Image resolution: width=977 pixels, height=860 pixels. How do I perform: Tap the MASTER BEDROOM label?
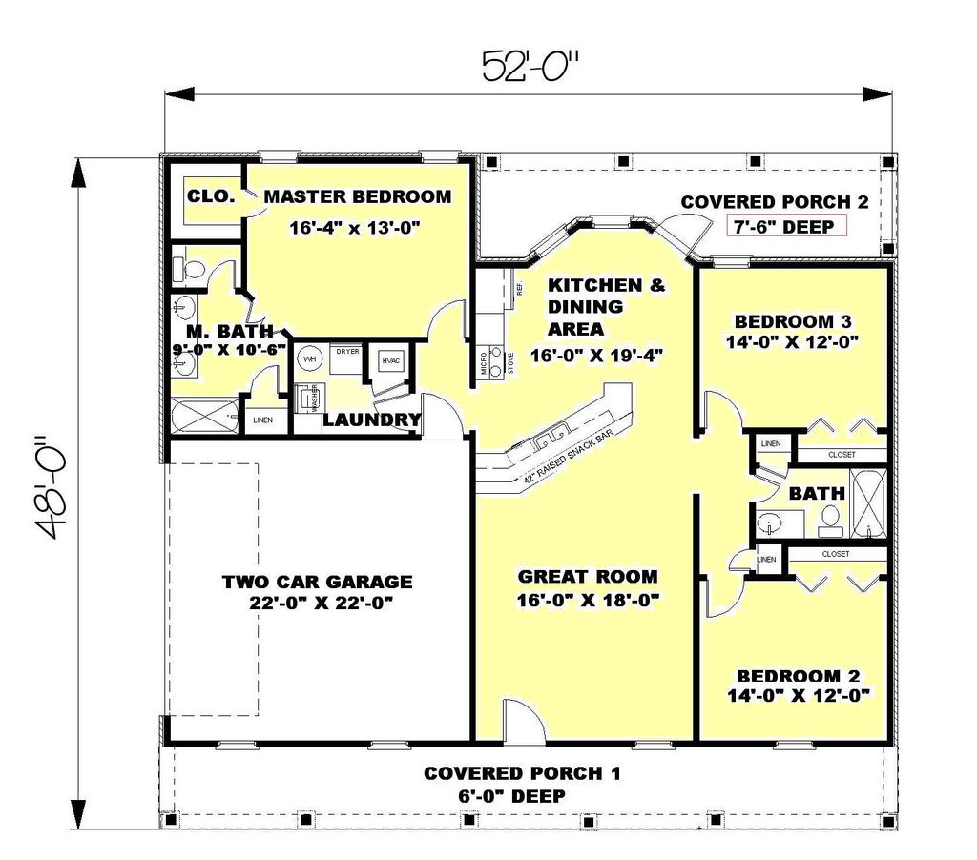(x=357, y=197)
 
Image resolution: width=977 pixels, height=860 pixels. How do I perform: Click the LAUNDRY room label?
(x=372, y=420)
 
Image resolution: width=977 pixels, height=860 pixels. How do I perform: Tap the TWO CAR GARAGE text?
(x=317, y=582)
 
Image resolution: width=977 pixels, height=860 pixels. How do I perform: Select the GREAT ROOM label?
(x=587, y=576)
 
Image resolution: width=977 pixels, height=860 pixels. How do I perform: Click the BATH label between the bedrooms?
(x=816, y=494)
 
